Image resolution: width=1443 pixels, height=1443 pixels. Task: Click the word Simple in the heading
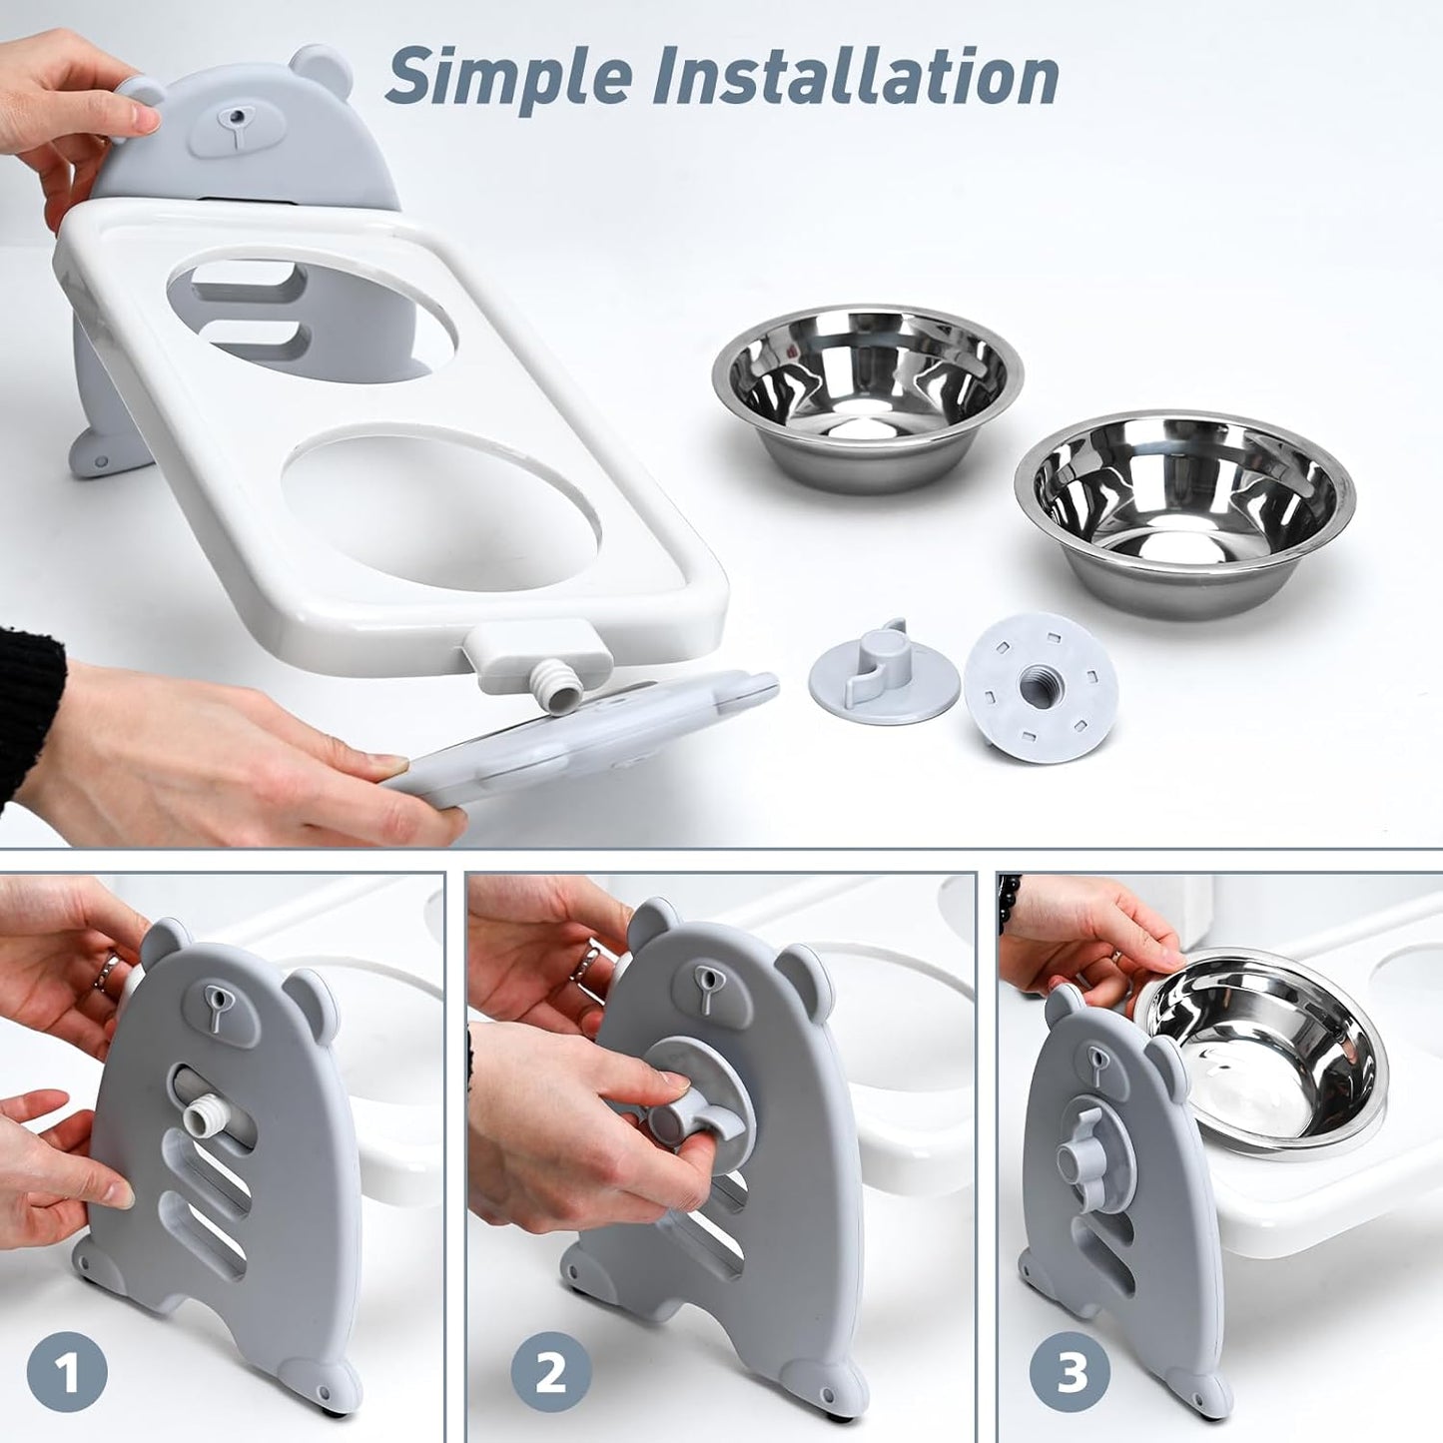[x=510, y=77]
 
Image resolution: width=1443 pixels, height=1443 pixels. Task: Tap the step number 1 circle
[x=67, y=1374]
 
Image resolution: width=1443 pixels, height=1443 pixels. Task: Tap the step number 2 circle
[x=551, y=1374]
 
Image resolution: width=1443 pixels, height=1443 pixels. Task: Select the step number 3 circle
[x=1072, y=1374]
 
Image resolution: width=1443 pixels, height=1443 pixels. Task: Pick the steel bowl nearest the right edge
[x=1185, y=509]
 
